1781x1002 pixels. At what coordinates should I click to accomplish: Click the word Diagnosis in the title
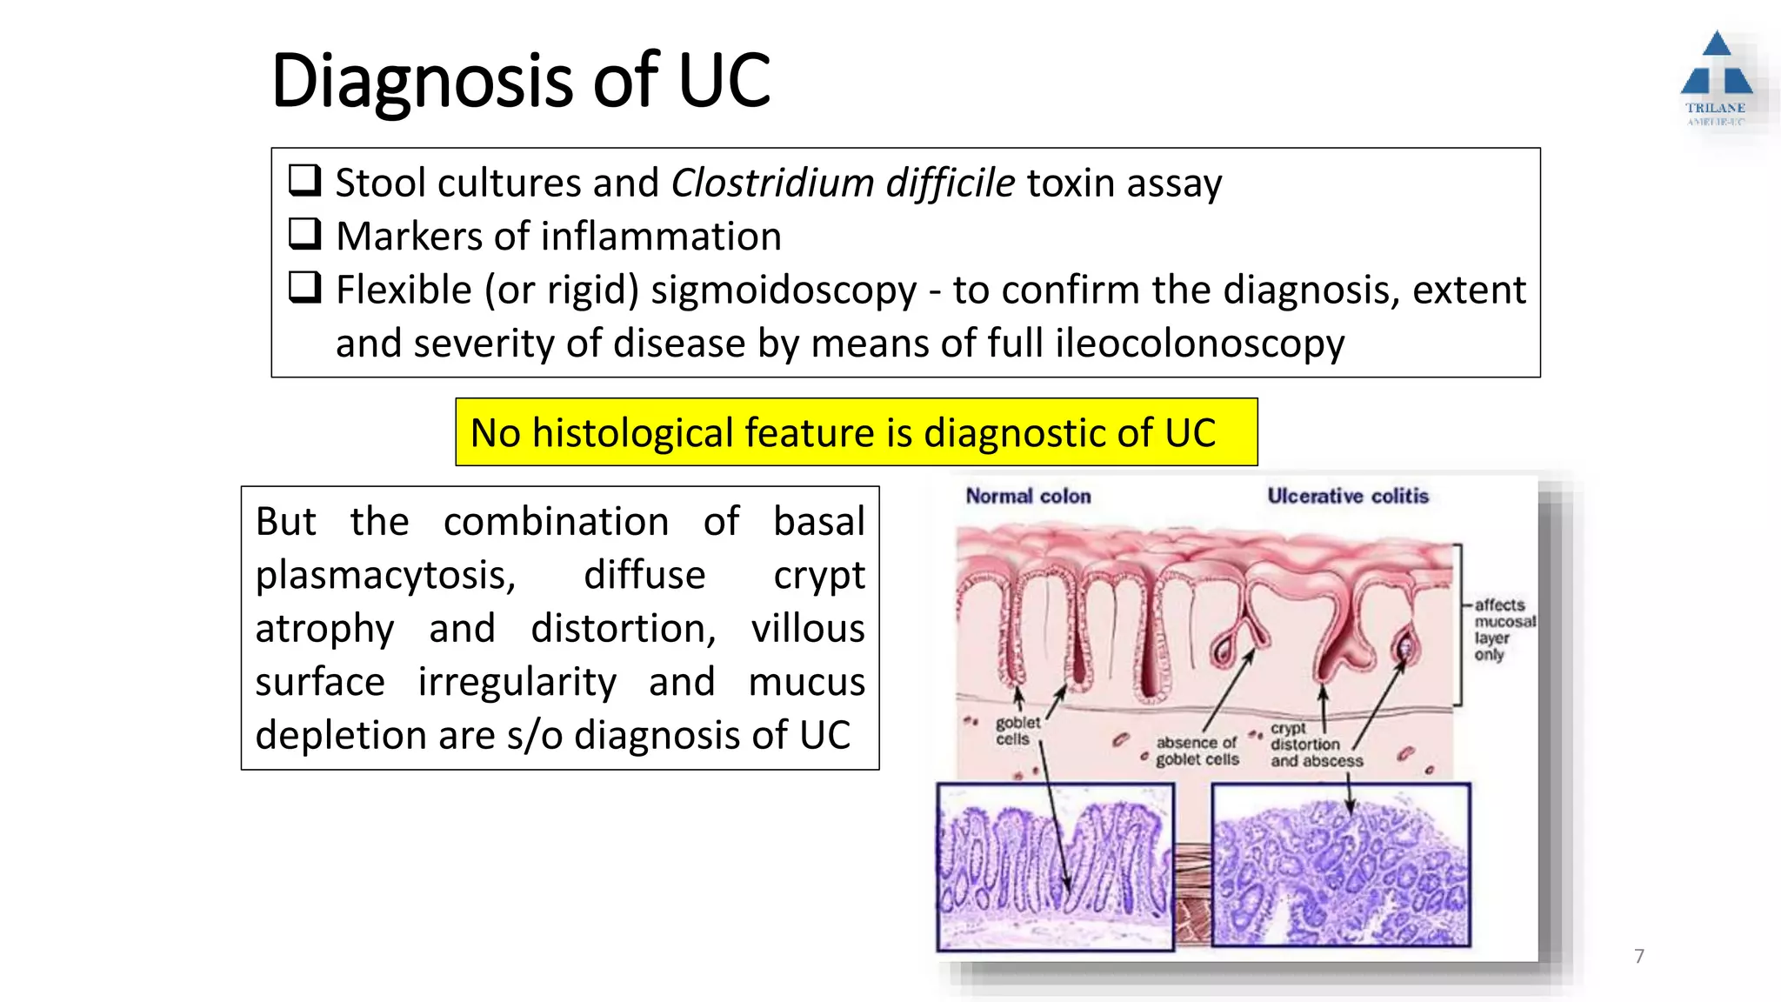423,82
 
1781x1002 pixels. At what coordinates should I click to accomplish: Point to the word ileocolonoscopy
1199,344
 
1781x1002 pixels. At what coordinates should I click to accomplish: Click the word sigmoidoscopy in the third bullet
784,291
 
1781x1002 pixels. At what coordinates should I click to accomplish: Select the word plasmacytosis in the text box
385,576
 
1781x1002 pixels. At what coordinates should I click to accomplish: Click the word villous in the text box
808,629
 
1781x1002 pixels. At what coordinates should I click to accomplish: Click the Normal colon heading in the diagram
1028,497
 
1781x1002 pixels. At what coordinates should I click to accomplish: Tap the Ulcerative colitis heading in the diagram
1347,496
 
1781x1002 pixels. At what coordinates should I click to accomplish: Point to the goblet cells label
1017,731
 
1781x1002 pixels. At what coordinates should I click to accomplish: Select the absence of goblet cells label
1197,751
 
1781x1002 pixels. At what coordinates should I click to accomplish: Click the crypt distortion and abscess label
1315,745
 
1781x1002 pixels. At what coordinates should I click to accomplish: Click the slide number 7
1639,956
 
